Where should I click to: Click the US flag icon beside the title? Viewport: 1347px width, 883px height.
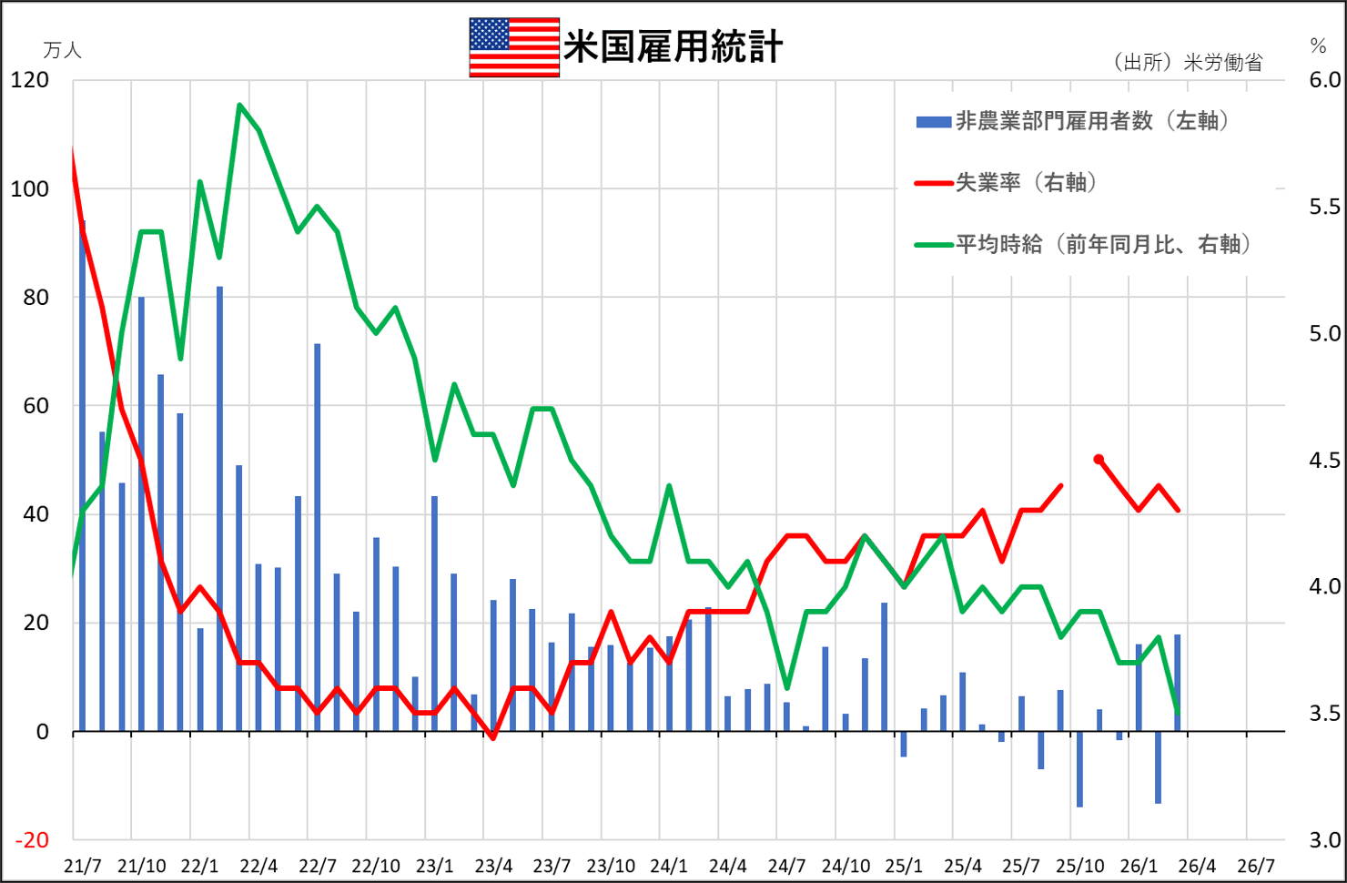pos(514,47)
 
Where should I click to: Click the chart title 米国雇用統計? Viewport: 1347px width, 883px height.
pos(673,47)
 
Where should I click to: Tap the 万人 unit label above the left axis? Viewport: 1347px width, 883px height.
pos(62,51)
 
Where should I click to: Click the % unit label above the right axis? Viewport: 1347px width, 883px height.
pos(1318,46)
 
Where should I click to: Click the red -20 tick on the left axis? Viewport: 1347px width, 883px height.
pos(32,840)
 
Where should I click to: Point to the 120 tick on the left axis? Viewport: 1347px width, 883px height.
pos(30,80)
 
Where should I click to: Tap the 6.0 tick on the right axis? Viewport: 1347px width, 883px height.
pos(1324,80)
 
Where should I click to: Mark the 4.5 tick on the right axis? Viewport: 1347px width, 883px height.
pos(1324,461)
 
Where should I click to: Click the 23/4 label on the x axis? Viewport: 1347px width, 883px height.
pos(493,866)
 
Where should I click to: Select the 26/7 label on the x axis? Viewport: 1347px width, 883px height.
pos(1256,866)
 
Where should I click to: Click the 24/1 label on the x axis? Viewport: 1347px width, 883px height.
pos(669,866)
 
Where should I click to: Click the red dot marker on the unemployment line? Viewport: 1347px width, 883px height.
pos(1099,460)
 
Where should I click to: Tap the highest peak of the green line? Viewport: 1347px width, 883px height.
pos(239,106)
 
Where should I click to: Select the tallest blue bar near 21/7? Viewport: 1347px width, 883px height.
pos(83,473)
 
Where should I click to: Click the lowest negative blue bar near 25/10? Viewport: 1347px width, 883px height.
pos(1079,769)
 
